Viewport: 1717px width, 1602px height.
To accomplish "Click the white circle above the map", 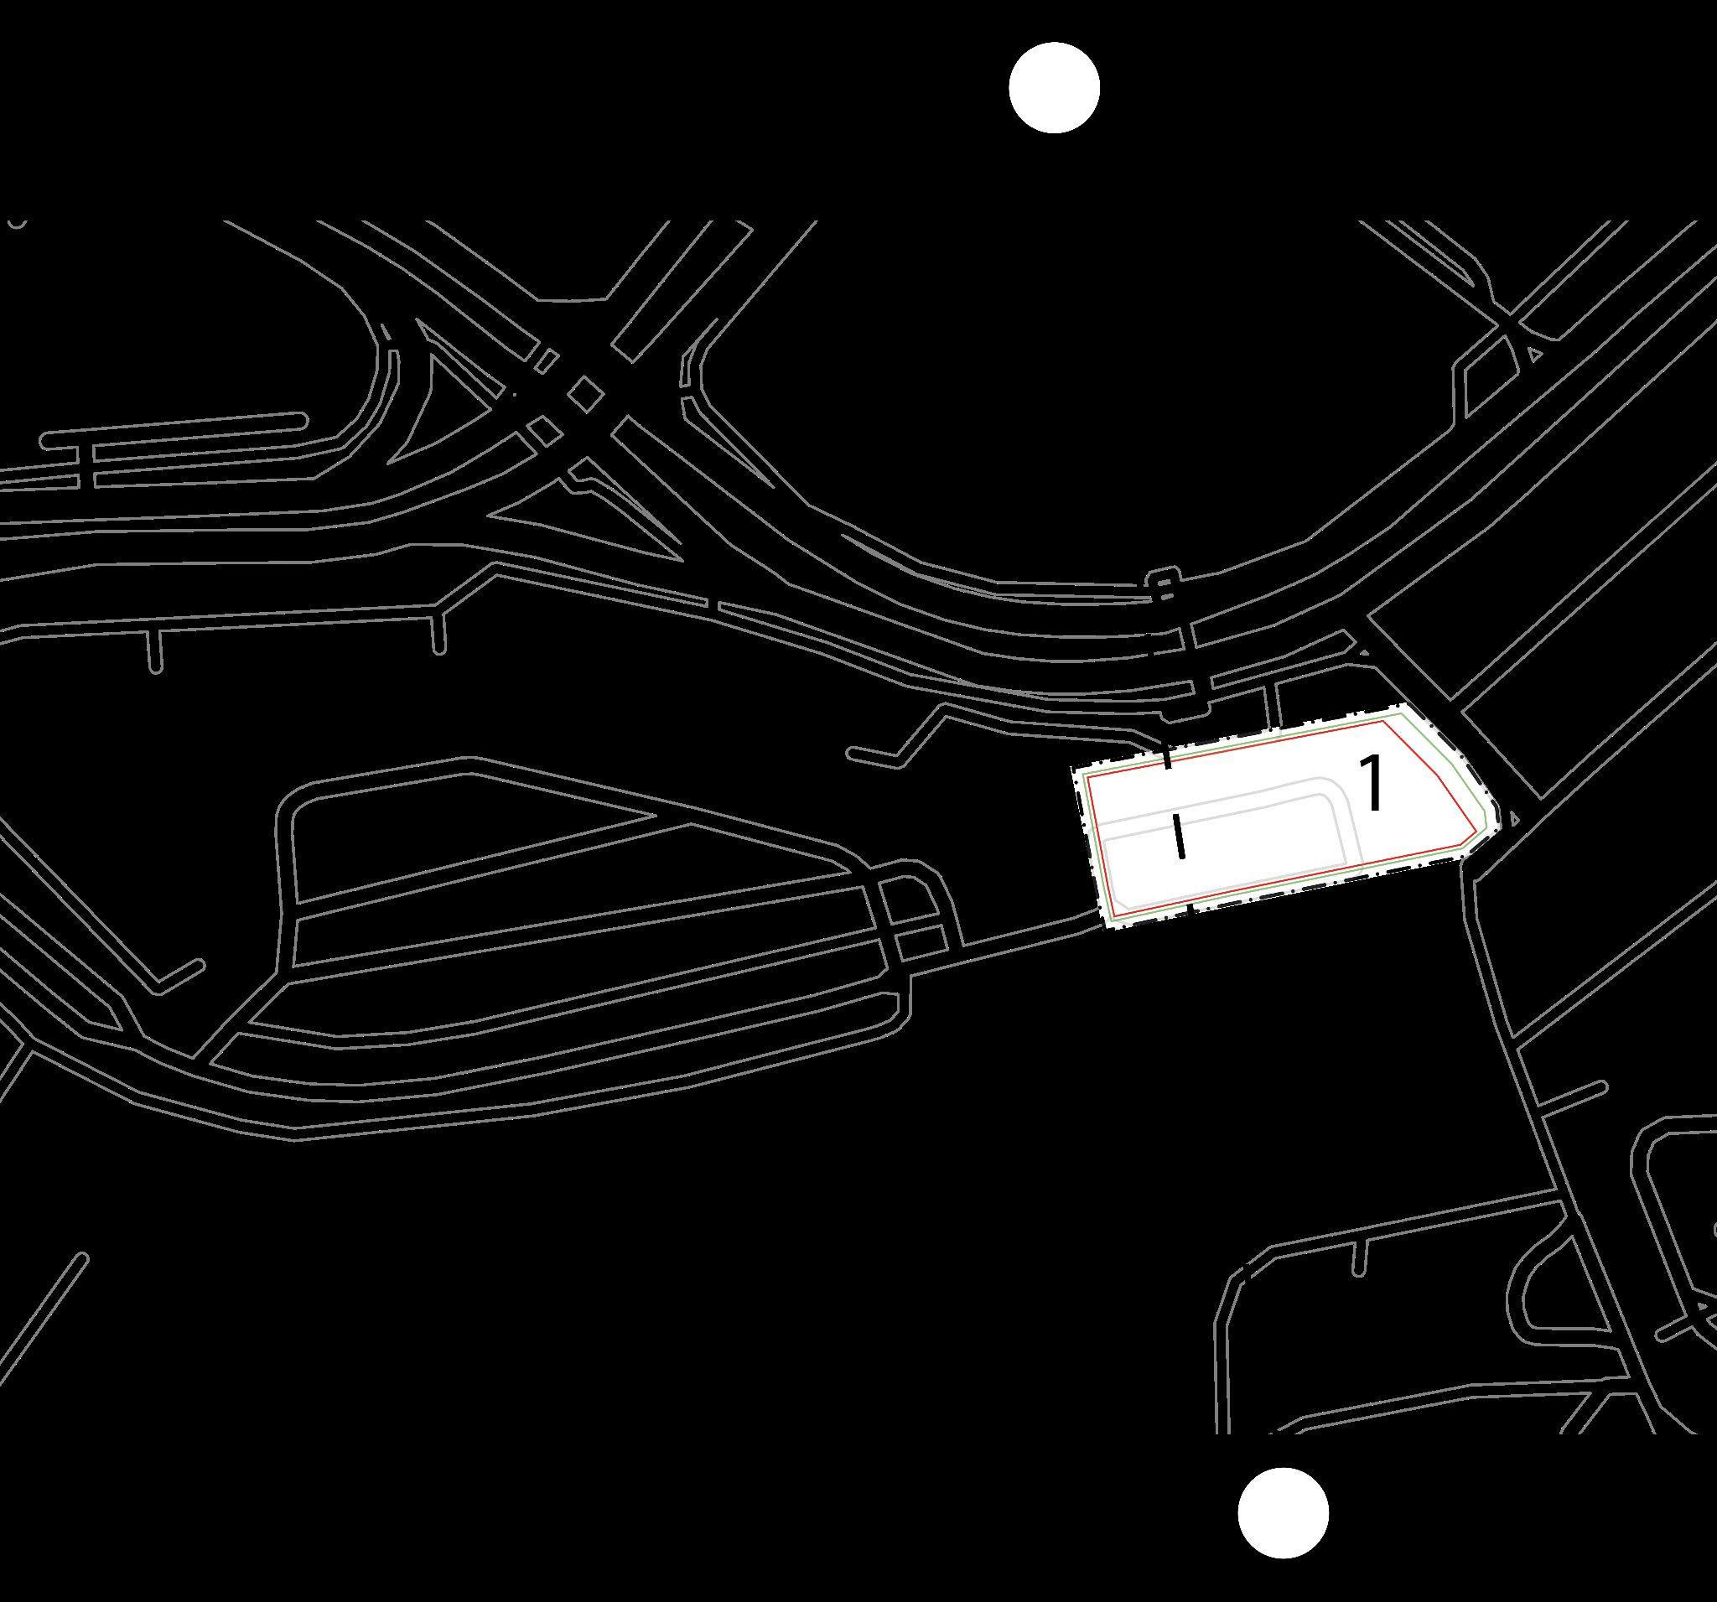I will (x=1054, y=87).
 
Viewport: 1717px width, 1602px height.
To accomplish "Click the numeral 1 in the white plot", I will (x=1372, y=781).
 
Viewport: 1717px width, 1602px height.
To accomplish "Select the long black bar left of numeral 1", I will (x=1179, y=834).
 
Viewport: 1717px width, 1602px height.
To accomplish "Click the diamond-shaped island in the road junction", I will (x=585, y=392).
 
